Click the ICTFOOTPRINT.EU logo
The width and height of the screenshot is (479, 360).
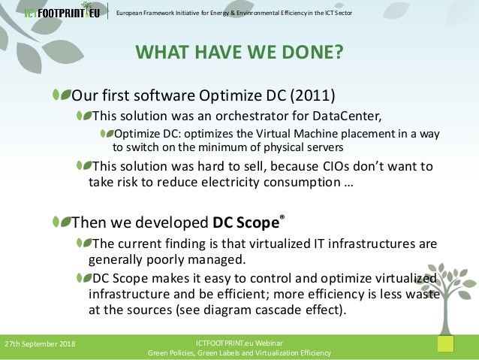[x=62, y=11]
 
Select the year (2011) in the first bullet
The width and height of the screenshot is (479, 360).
[x=312, y=95]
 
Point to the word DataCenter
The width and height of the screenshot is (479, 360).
[x=347, y=116]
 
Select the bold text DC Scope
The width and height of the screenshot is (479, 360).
[x=246, y=222]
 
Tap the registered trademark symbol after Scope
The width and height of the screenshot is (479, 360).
[x=282, y=217]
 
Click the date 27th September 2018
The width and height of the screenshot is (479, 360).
[x=40, y=344]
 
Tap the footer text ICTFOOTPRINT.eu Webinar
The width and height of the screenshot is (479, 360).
[x=239, y=343]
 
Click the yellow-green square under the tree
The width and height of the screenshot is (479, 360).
[x=445, y=343]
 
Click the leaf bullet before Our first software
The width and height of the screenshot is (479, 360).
[x=62, y=95]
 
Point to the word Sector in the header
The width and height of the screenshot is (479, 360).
[x=343, y=13]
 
